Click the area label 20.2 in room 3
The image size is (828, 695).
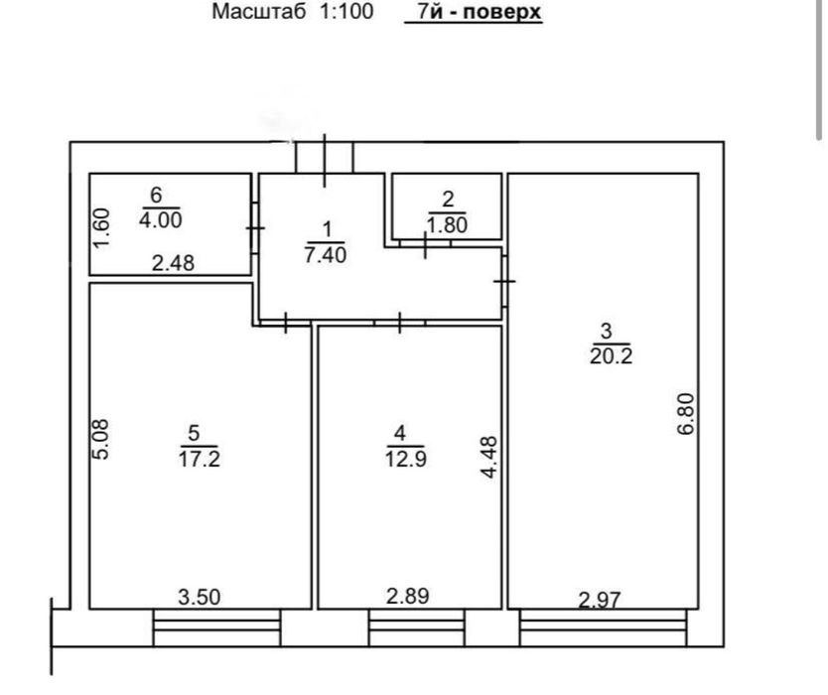coord(611,356)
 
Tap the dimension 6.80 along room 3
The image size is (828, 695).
coord(686,414)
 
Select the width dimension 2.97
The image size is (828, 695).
coord(600,600)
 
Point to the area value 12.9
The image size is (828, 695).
coord(405,459)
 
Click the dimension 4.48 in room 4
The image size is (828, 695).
coord(489,458)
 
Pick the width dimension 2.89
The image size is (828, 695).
coord(408,597)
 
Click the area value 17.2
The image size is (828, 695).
coord(200,459)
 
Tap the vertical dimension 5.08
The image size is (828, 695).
coord(100,440)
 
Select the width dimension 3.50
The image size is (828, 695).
coord(200,598)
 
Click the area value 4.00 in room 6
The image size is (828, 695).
coord(161,219)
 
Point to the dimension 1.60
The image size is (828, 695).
coord(100,227)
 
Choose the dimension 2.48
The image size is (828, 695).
coord(173,262)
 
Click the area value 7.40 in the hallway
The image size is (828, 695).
coord(326,254)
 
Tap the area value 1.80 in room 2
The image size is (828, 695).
coord(448,225)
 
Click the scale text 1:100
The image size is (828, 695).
coord(346,11)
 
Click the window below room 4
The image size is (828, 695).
coord(417,627)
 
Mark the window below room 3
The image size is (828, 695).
coord(603,627)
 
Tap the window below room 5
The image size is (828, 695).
coord(216,627)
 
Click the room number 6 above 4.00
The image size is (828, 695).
coord(156,195)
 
